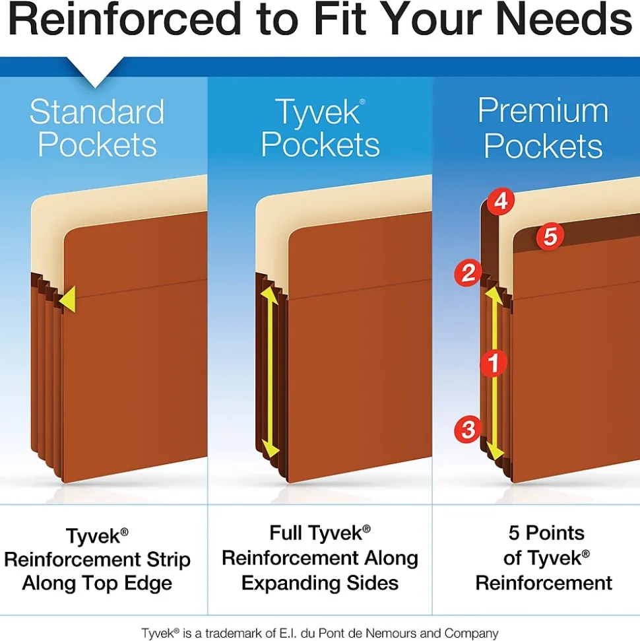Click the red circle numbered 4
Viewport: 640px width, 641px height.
[501, 201]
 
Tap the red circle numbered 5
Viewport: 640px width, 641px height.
[550, 236]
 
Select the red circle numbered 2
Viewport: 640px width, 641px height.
[468, 273]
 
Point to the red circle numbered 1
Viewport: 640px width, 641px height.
[494, 363]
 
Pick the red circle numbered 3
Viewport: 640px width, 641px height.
[468, 429]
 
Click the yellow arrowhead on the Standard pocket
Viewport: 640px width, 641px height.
[68, 299]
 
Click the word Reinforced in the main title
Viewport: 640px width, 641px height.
[125, 19]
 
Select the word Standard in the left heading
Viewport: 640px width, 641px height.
[97, 112]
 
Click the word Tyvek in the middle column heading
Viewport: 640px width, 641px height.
[319, 112]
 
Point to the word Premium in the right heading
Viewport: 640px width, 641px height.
[543, 110]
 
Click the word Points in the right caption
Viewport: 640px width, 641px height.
[555, 533]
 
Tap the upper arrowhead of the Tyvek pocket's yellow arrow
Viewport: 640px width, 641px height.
[269, 295]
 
